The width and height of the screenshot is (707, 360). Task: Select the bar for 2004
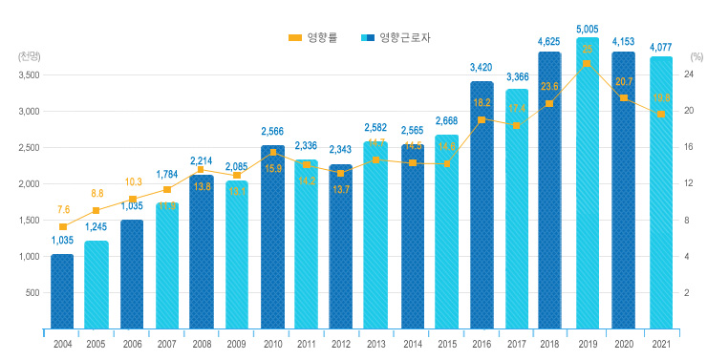[62, 291]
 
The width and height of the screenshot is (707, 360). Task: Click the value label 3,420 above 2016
[482, 68]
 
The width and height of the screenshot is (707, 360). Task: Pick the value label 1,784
[167, 174]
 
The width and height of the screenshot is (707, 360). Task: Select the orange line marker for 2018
[549, 103]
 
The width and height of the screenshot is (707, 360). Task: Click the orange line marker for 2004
[62, 226]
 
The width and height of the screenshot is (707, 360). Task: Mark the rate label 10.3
[132, 181]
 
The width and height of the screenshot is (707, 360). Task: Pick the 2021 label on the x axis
[659, 344]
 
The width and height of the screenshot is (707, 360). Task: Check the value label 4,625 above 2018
[549, 42]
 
